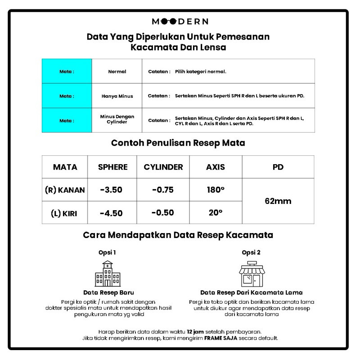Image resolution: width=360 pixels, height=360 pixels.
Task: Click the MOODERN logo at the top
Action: [x=180, y=21]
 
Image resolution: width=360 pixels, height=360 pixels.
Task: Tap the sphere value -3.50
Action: [x=111, y=189]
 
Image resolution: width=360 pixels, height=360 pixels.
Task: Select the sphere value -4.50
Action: [x=111, y=213]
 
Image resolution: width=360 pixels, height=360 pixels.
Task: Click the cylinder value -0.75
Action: [x=163, y=189]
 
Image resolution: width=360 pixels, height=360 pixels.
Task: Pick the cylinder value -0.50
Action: [x=163, y=213]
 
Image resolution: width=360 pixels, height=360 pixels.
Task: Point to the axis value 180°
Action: [x=216, y=189]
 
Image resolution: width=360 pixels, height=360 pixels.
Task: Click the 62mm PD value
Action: [x=279, y=201]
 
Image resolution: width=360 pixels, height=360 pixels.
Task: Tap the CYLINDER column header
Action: [x=163, y=167]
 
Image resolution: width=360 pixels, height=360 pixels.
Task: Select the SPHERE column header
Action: [x=112, y=167]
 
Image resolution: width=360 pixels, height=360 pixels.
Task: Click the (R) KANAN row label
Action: [x=65, y=190]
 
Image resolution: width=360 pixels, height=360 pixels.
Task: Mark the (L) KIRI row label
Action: [x=63, y=213]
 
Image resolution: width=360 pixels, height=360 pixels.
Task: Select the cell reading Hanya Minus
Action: [x=117, y=96]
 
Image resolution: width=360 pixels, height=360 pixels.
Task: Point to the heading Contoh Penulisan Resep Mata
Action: [x=178, y=144]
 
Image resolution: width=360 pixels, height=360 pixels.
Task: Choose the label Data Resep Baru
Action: [x=108, y=292]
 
